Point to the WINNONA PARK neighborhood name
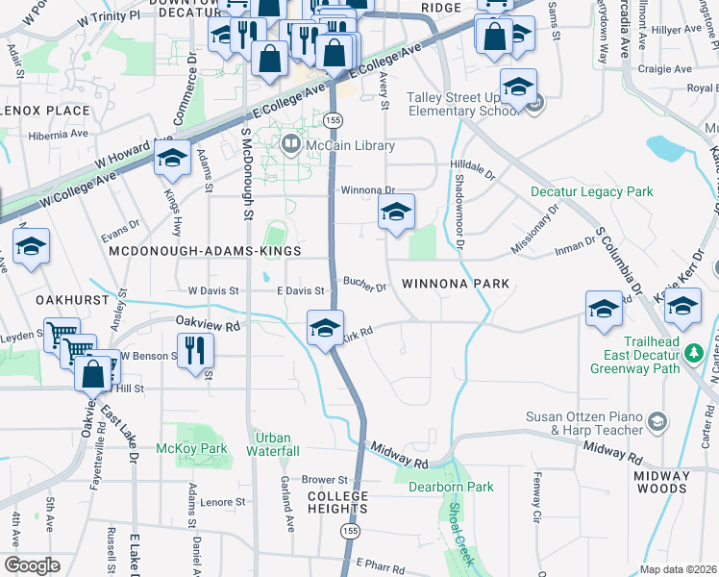tap(455, 284)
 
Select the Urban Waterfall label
tap(274, 444)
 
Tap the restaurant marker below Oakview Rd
tap(196, 350)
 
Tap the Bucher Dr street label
tap(365, 287)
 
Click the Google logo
tap(32, 564)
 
